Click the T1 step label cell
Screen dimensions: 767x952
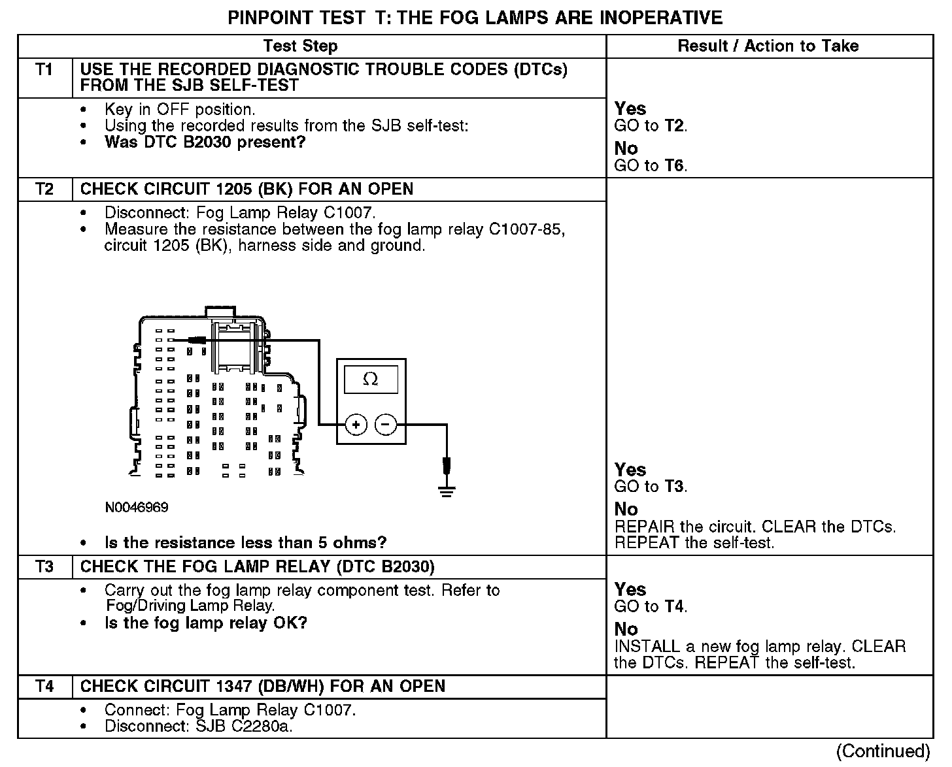tap(44, 70)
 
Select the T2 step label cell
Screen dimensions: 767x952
tap(44, 189)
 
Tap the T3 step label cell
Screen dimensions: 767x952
tap(44, 566)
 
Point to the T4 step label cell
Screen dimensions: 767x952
tap(44, 687)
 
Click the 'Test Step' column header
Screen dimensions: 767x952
tap(300, 46)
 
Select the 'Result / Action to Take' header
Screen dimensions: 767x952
tap(768, 46)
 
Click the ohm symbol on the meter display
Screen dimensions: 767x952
tap(371, 380)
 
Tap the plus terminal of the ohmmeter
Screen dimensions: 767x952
tap(356, 425)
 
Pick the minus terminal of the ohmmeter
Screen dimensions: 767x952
tap(386, 425)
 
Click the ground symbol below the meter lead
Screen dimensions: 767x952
tap(447, 491)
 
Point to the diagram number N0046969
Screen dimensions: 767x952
tap(136, 508)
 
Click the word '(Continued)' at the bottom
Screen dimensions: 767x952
tap(883, 751)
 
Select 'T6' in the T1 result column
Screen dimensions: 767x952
tap(674, 166)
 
